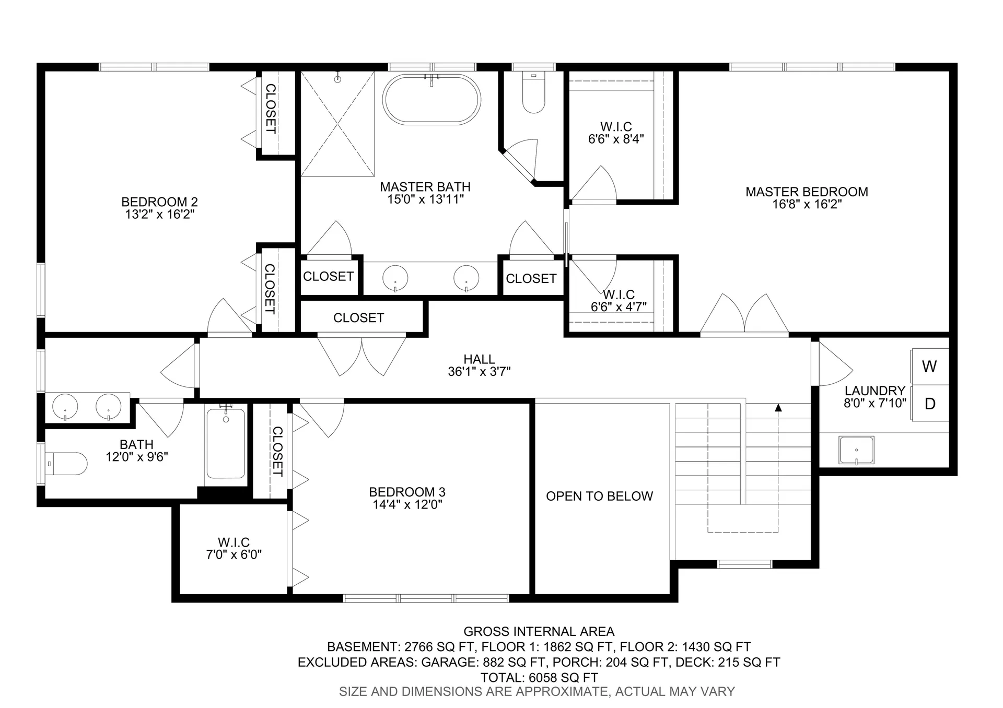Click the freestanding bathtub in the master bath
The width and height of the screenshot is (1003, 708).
coord(431,100)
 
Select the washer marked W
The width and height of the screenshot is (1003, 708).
coord(929,367)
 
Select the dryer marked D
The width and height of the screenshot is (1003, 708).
coord(930,404)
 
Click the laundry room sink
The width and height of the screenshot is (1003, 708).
coord(856,450)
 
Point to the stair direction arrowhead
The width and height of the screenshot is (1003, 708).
coord(778,408)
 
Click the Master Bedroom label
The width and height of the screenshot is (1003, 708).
coord(807,192)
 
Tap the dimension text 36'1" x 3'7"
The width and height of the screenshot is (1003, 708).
coord(479,372)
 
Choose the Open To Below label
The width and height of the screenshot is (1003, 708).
coord(599,496)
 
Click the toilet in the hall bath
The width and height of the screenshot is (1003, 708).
coord(66,463)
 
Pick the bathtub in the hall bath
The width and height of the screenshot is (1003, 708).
coord(226,445)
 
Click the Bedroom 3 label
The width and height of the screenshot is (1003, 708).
coord(407,492)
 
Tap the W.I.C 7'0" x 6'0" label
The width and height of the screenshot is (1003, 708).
coord(234,548)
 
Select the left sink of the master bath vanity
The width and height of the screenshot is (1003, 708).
coord(395,277)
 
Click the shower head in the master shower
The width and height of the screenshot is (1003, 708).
coord(337,79)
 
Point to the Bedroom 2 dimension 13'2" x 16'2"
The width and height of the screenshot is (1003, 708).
coord(159,215)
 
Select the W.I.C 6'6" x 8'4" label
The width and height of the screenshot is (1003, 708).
coord(616,133)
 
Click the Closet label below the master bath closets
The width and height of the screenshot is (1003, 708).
coord(358,317)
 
